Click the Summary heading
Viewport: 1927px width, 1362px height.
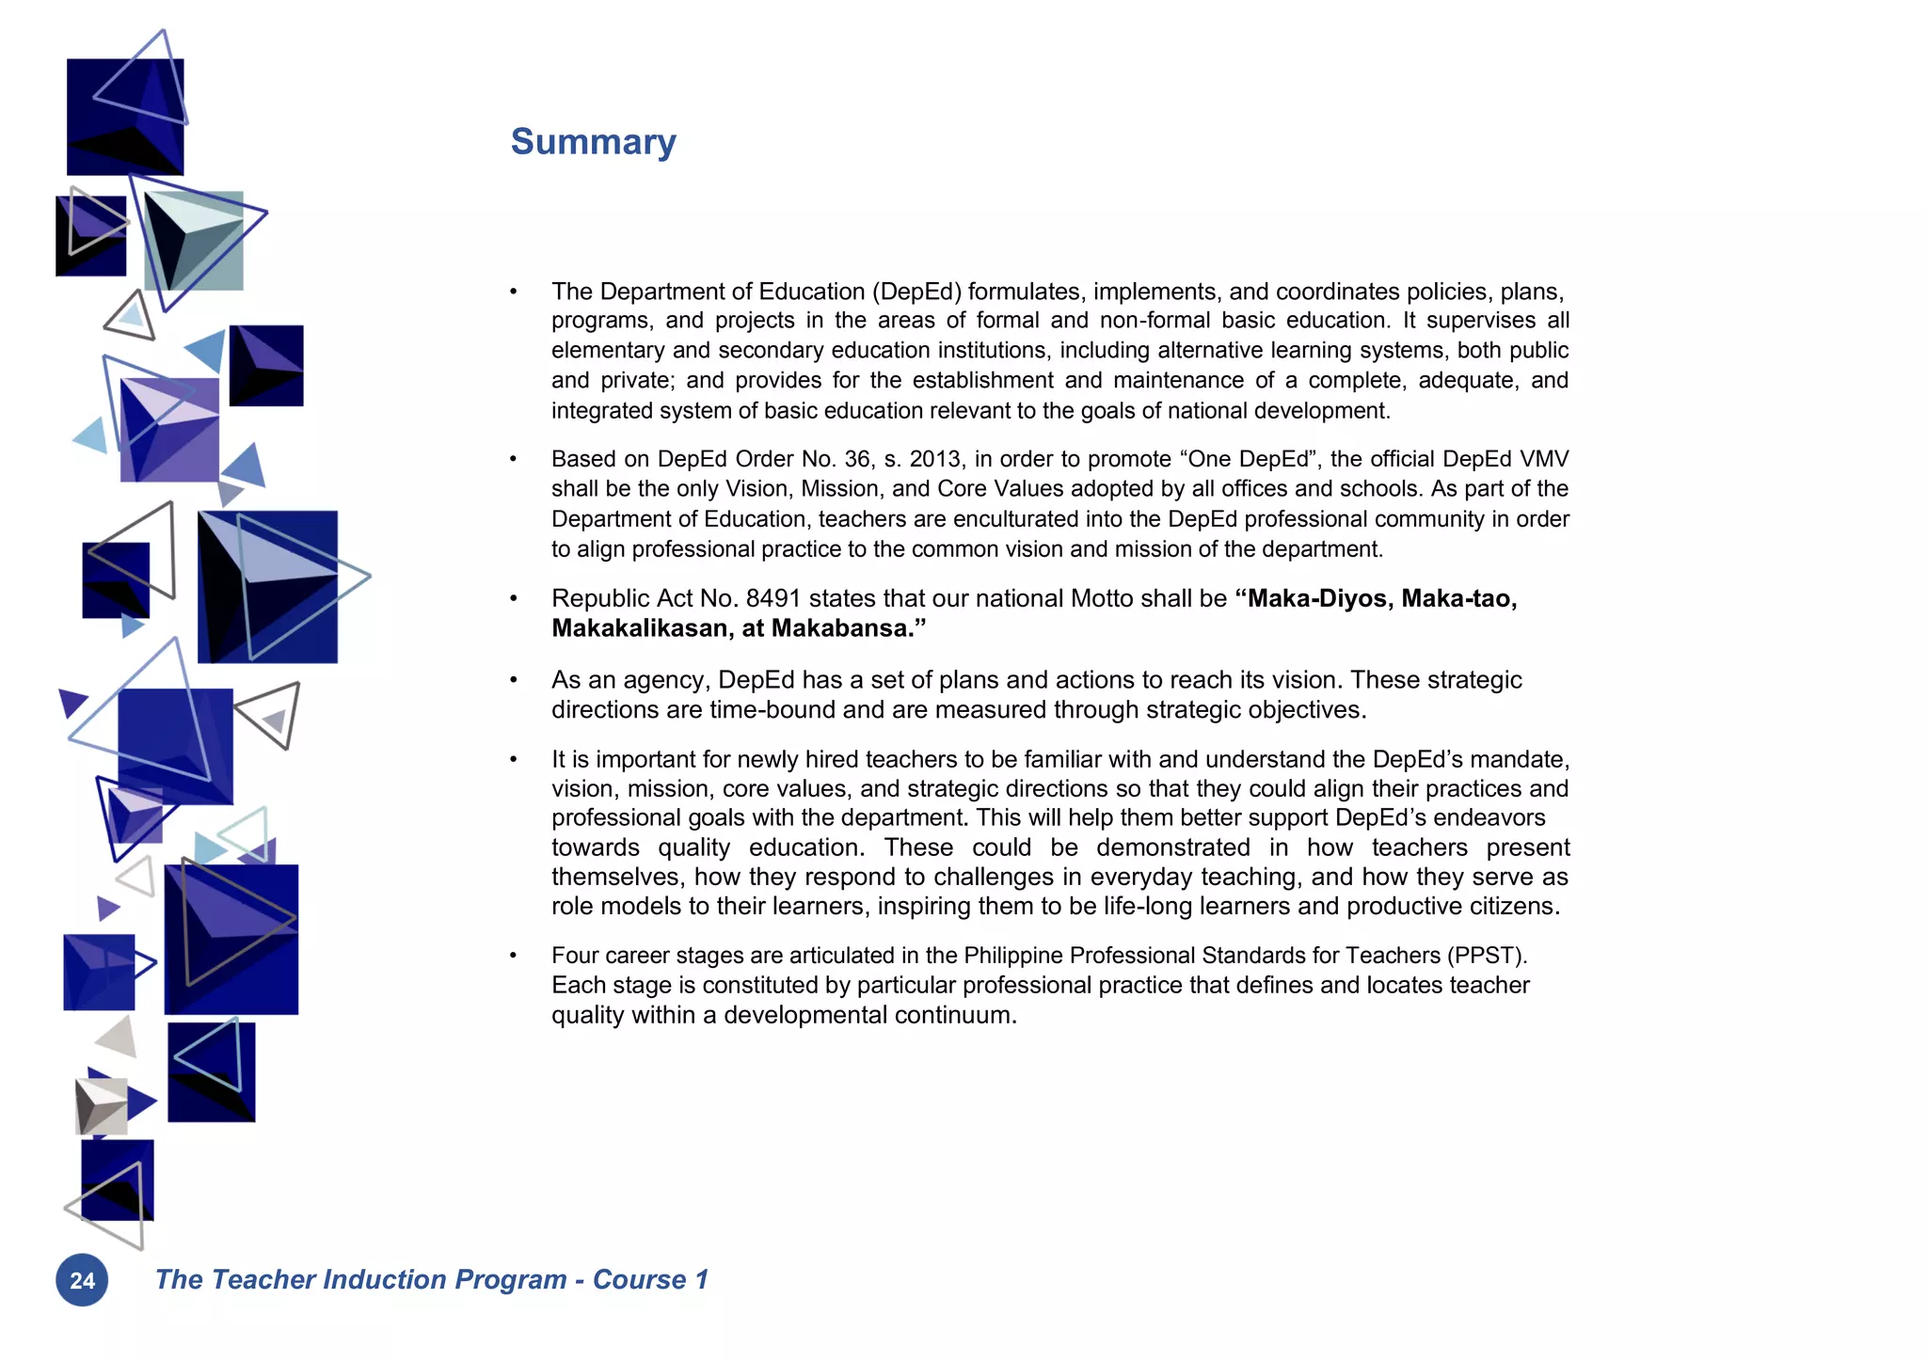click(593, 142)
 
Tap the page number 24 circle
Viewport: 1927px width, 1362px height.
click(82, 1280)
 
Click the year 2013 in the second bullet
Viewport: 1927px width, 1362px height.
click(934, 459)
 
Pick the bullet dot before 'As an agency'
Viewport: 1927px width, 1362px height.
click(514, 680)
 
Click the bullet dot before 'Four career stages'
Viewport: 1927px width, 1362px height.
click(514, 956)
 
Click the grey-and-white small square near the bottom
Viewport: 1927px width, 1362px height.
click(102, 1106)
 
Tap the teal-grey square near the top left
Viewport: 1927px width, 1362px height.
click(194, 241)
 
